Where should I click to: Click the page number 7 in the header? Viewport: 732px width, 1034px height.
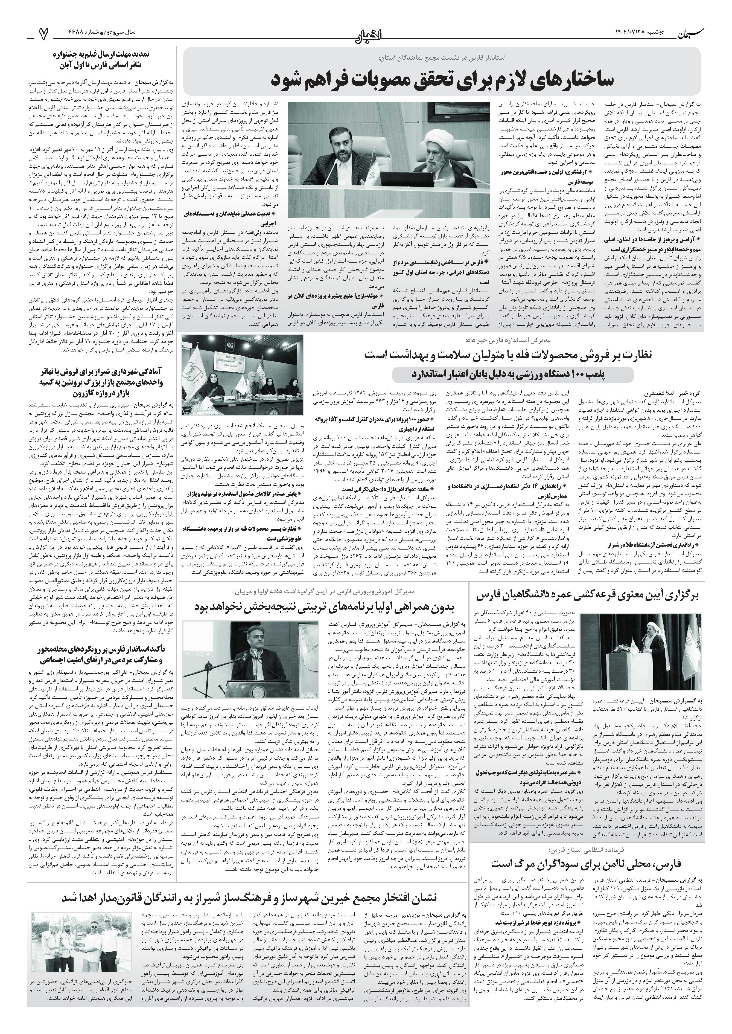pyautogui.click(x=43, y=34)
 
